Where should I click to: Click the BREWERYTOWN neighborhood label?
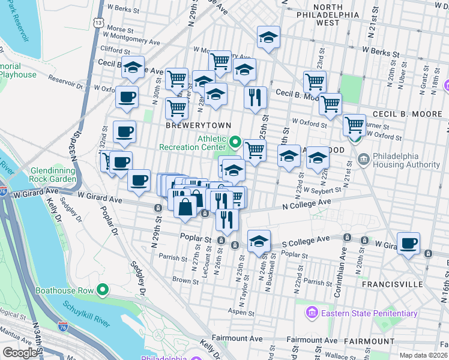point(191,125)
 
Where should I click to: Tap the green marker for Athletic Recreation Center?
point(235,143)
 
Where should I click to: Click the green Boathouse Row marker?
point(103,291)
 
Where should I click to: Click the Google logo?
point(20,353)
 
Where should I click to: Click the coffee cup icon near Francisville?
point(409,243)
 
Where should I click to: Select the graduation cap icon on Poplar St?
point(259,241)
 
